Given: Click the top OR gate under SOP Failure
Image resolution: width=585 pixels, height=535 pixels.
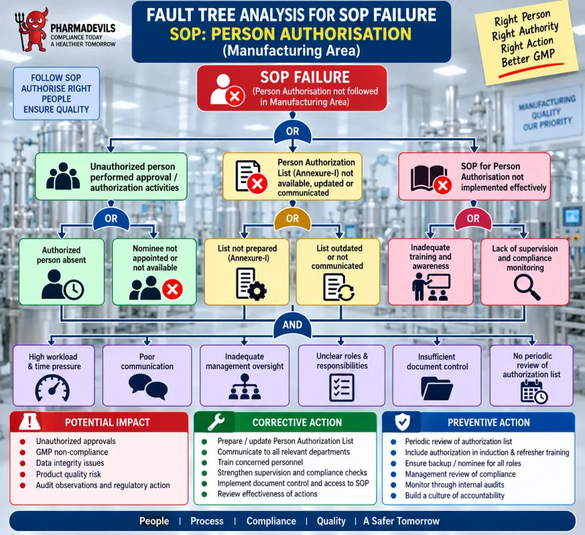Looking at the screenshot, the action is pyautogui.click(x=292, y=133).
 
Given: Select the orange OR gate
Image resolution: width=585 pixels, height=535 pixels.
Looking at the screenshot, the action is pyautogui.click(x=292, y=218).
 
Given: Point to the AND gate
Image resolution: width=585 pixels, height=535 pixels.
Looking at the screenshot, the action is pyautogui.click(x=292, y=325).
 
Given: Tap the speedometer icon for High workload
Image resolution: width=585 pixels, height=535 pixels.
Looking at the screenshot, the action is pyautogui.click(x=52, y=388).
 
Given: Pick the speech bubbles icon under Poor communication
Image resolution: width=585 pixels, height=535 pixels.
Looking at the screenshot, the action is pyautogui.click(x=148, y=386).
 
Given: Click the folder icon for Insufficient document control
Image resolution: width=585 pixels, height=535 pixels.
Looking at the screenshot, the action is pyautogui.click(x=436, y=388).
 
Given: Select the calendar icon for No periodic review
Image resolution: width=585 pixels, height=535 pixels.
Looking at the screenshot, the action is pyautogui.click(x=534, y=392).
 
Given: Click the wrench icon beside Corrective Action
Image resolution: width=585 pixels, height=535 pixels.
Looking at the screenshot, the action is pyautogui.click(x=216, y=422).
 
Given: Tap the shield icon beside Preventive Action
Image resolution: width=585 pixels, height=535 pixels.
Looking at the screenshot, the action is pyautogui.click(x=403, y=422).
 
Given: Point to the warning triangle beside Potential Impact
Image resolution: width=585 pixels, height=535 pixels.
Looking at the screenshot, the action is pyautogui.click(x=30, y=421).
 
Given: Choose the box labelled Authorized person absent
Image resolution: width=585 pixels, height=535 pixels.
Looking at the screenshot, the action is pyautogui.click(x=62, y=272).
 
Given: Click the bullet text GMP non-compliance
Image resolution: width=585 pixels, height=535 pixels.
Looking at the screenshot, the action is pyautogui.click(x=72, y=452).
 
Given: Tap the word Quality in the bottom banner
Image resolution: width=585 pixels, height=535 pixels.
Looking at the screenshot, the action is pyautogui.click(x=331, y=521).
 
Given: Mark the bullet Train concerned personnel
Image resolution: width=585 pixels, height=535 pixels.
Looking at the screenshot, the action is pyautogui.click(x=260, y=462).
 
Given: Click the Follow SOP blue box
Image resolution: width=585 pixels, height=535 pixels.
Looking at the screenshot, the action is pyautogui.click(x=57, y=94).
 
